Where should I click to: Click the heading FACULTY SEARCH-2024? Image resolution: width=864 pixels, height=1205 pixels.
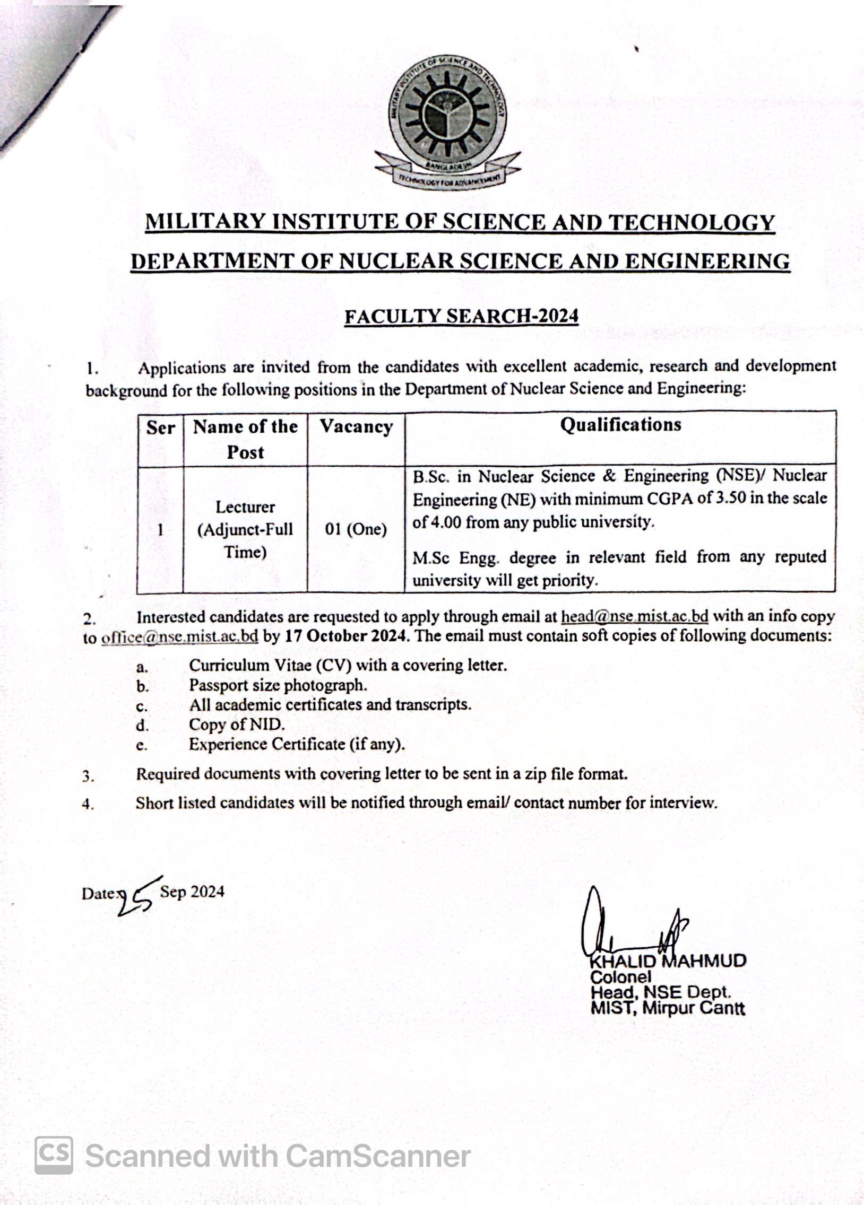point(461,316)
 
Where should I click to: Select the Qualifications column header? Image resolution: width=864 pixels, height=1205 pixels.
point(620,425)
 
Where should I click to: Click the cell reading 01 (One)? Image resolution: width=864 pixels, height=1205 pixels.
point(356,529)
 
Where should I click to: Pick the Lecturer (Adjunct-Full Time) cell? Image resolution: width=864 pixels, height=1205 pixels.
point(245,529)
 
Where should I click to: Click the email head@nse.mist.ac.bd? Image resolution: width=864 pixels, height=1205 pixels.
point(634,616)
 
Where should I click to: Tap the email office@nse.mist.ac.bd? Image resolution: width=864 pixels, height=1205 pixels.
point(180,636)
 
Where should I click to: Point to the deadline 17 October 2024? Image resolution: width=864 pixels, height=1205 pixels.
point(345,636)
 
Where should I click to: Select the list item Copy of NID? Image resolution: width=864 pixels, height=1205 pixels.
point(237,724)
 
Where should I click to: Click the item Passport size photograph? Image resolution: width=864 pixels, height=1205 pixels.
point(278,685)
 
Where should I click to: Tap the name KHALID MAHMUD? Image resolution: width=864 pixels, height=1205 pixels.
point(668,961)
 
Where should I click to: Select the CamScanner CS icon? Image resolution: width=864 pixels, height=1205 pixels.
point(54,1155)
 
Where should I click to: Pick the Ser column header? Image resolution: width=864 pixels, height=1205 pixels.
point(160,428)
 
